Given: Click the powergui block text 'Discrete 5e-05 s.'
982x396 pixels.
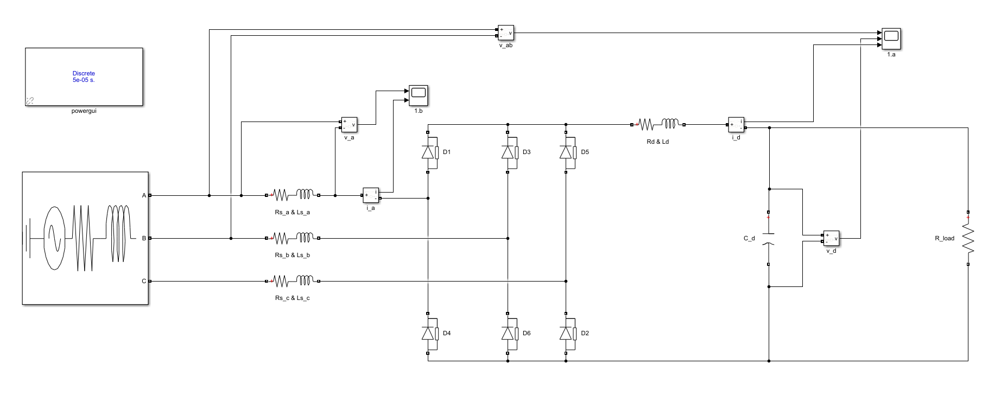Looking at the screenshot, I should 84,76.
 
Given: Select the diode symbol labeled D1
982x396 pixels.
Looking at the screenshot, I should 429,152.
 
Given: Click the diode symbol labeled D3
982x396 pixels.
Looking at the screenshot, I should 509,152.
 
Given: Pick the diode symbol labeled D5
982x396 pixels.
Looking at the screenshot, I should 567,152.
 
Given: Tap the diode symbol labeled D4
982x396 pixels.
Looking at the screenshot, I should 429,333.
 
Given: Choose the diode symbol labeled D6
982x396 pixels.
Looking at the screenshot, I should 509,333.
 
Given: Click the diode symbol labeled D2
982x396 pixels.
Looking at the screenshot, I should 567,333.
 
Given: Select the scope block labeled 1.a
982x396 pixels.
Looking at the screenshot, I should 891,38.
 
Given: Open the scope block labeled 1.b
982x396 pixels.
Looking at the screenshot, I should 419,95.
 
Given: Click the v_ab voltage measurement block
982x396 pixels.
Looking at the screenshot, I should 506,33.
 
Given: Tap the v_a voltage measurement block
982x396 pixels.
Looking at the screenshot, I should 349,125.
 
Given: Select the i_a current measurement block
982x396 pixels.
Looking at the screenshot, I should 371,195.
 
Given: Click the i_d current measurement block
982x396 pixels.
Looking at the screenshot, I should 736,125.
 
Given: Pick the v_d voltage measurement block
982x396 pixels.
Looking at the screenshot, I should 831,238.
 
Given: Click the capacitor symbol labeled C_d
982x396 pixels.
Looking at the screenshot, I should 769,238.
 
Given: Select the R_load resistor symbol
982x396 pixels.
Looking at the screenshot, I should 968,238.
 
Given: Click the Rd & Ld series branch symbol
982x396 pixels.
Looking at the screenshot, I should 658,125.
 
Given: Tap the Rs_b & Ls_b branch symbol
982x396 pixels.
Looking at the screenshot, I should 292,238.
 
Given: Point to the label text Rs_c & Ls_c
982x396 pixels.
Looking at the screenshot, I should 292,298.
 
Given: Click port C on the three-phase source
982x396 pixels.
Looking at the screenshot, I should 150,281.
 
